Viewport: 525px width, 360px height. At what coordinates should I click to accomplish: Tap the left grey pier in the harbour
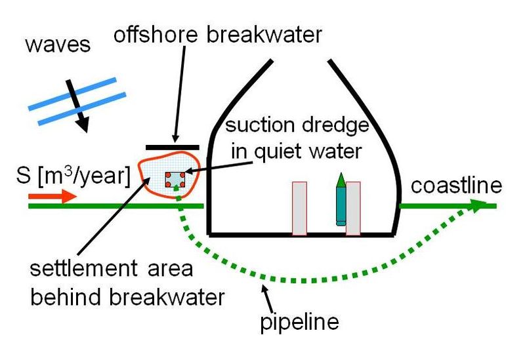click(x=299, y=208)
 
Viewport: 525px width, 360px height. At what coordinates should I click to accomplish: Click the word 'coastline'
click(x=457, y=186)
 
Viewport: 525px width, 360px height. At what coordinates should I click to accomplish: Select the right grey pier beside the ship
click(x=353, y=208)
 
